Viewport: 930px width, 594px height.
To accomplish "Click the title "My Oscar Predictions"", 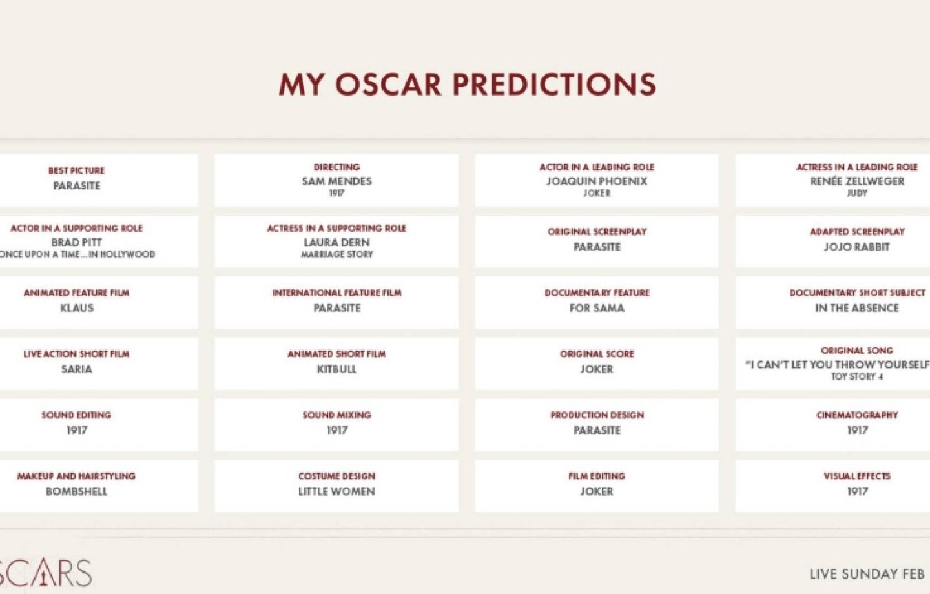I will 467,85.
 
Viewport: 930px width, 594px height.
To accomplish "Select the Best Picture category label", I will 76,170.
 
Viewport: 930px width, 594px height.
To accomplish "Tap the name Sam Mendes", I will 336,181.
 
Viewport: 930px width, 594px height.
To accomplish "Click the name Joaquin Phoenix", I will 597,181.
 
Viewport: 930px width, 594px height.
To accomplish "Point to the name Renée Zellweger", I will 857,181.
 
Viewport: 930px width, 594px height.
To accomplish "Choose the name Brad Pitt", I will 76,242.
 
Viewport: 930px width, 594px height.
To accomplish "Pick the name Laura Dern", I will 336,242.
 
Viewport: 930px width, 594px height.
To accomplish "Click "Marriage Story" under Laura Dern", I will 336,254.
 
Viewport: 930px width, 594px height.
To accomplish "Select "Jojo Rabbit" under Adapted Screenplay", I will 857,247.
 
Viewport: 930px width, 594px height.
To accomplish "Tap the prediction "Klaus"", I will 76,308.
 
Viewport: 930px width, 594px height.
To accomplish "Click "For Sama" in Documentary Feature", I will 597,308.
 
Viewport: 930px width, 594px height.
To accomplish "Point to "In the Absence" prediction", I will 857,308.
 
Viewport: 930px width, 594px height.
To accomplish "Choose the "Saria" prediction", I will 76,369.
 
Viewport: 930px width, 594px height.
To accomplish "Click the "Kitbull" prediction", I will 336,369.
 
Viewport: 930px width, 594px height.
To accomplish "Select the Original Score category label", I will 597,354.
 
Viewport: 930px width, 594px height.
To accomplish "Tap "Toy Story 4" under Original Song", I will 857,376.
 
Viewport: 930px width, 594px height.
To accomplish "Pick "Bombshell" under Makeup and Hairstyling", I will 76,491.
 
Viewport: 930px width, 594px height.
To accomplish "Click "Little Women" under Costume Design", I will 336,491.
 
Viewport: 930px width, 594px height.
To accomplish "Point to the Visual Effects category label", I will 857,476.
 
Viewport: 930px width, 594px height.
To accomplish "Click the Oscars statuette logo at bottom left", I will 44,573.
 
